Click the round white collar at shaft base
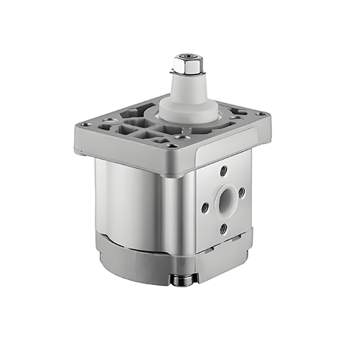(188, 111)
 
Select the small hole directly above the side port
(223, 170)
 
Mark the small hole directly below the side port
(223, 228)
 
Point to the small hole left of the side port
(205, 207)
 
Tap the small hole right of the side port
(241, 192)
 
